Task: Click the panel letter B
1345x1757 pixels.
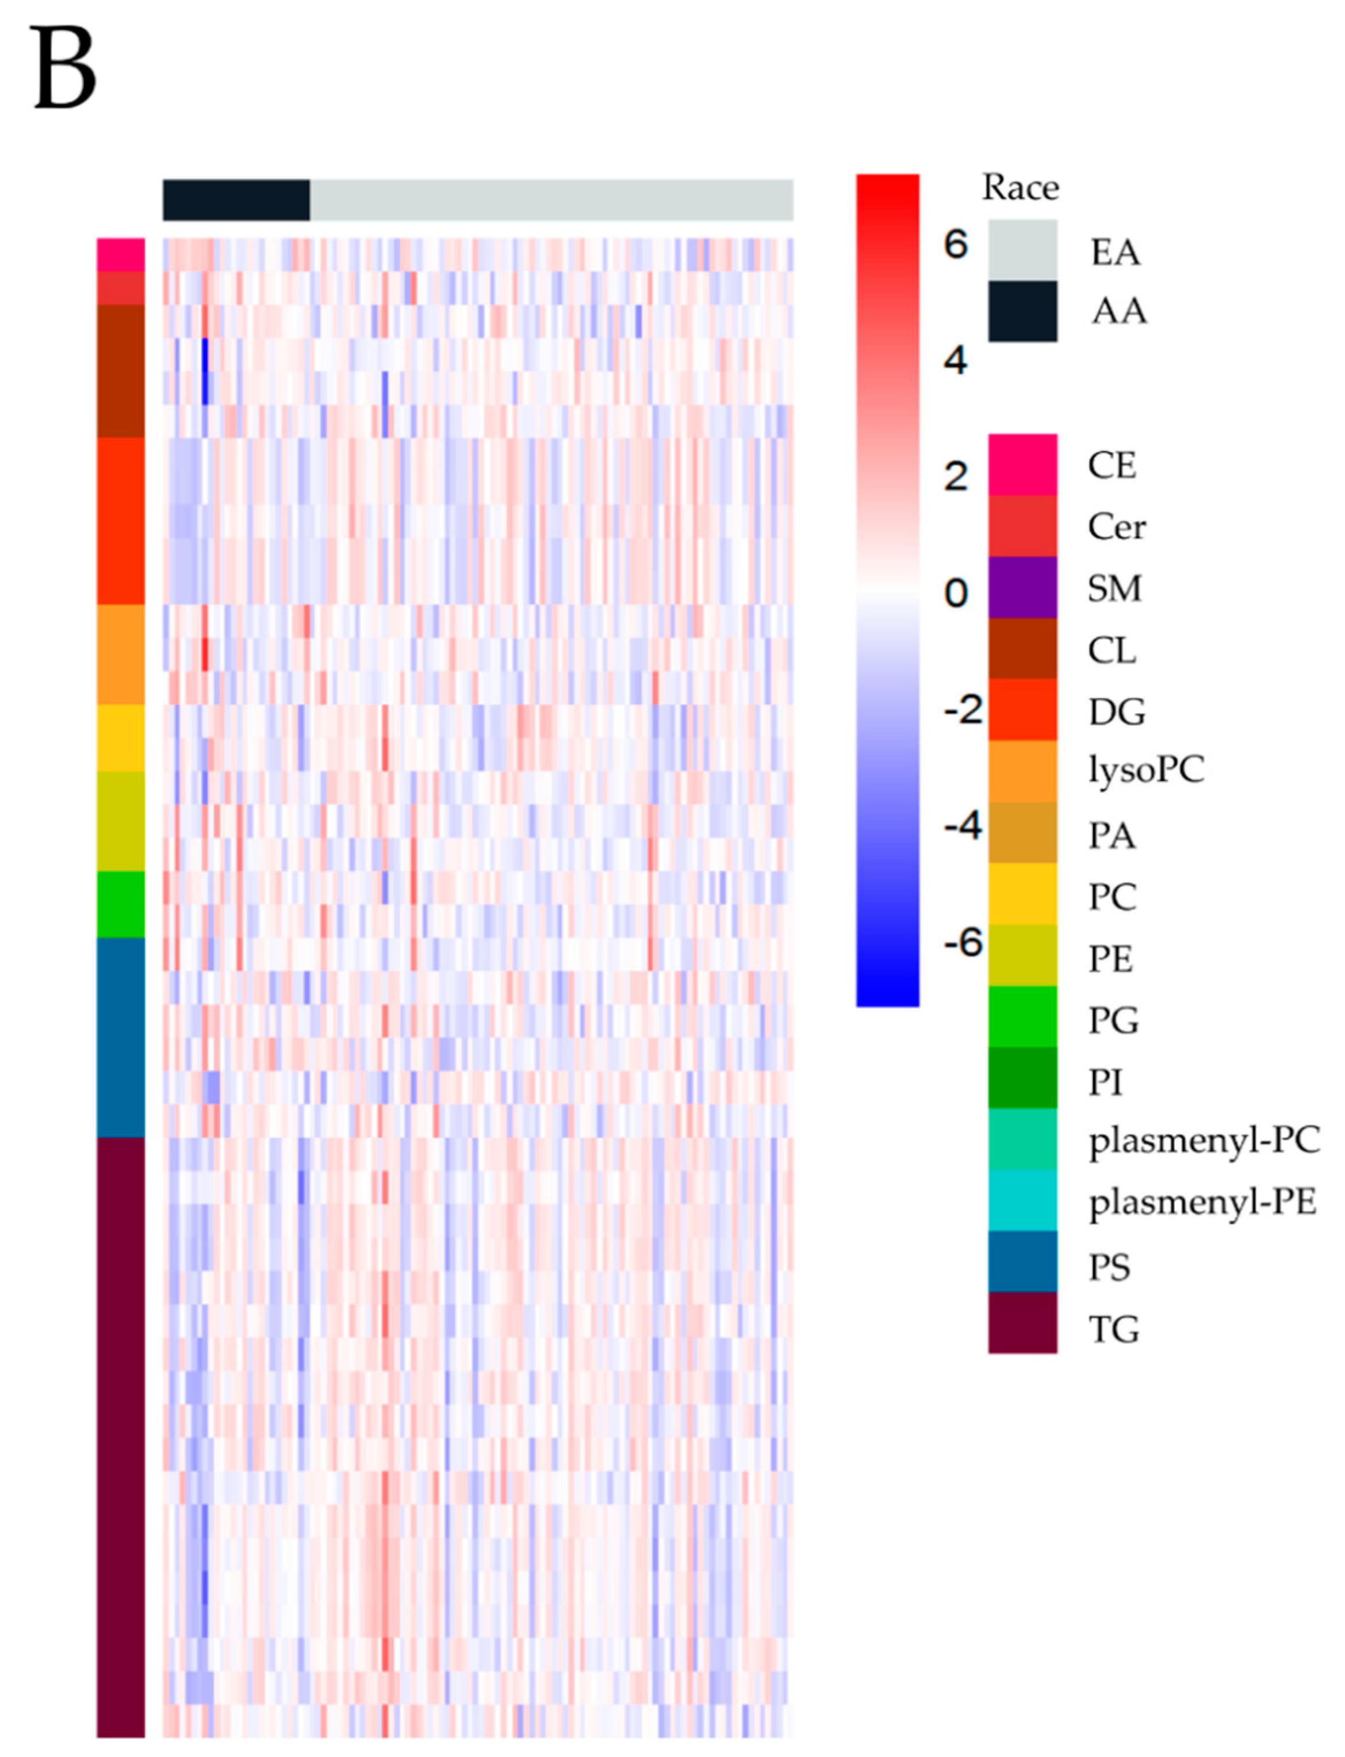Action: coord(64,70)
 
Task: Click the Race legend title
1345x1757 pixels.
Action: coord(1020,188)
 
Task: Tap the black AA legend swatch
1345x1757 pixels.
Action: coord(1022,312)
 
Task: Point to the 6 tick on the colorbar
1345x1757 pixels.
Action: coord(955,244)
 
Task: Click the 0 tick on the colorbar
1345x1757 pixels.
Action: coord(955,594)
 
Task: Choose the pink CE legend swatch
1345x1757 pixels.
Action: coord(1022,465)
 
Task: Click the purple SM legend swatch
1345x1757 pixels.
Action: coord(1022,588)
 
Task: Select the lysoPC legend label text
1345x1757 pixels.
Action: coord(1145,771)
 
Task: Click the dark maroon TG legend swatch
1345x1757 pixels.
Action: coord(1022,1323)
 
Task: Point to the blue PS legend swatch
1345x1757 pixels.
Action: coord(1022,1262)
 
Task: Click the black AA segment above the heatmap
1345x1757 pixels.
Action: coord(236,200)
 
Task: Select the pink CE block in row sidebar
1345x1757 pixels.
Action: coord(121,255)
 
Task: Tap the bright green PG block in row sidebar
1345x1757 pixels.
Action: coord(121,904)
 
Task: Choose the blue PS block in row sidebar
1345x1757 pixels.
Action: coord(121,1037)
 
